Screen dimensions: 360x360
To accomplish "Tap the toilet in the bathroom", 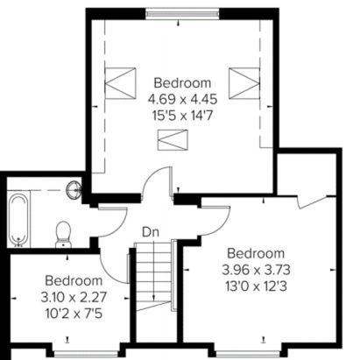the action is coord(63,234).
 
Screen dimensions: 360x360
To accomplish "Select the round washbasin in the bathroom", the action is coord(74,190).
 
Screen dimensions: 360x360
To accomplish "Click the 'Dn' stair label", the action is coord(151,232).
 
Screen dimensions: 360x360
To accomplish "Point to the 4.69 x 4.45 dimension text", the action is coord(182,100).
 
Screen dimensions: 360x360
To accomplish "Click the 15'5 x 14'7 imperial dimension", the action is coord(182,116).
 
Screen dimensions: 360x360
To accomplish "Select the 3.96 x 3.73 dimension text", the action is coord(256,270).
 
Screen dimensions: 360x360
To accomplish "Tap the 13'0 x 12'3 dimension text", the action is coord(256,286).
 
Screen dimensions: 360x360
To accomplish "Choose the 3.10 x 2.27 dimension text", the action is coord(74,298).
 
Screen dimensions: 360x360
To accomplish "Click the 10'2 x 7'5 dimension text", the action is coord(74,314).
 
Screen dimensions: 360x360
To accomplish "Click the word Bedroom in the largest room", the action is coord(182,83).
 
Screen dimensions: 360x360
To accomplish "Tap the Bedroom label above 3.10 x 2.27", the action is coord(74,281).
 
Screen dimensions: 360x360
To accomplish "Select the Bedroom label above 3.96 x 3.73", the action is coord(256,253).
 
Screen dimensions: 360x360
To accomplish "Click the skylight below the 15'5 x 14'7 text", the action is coord(173,140).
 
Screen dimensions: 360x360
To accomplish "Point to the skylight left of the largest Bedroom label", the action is coord(120,83).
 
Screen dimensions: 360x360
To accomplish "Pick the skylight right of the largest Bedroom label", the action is coord(244,83).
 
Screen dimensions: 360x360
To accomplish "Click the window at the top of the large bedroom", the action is coord(182,14).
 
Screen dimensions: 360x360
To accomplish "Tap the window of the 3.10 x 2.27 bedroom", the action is coord(86,355).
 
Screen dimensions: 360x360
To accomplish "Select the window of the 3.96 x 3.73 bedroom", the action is coord(248,355).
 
